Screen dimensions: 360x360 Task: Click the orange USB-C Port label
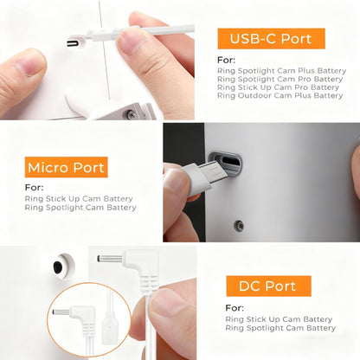pyautogui.click(x=271, y=39)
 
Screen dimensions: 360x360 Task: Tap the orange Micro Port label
pyautogui.click(x=67, y=167)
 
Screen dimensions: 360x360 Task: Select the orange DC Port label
pyautogui.click(x=268, y=286)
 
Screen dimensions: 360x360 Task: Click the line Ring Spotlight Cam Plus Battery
pyautogui.click(x=281, y=71)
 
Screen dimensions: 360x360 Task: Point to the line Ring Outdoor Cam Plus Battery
pyautogui.click(x=280, y=95)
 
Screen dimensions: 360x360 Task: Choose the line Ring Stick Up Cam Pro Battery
pyautogui.click(x=278, y=87)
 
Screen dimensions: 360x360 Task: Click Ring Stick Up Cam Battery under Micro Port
pyautogui.click(x=79, y=199)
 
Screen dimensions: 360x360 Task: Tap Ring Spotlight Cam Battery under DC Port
pyautogui.click(x=280, y=328)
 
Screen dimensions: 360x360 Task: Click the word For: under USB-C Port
pyautogui.click(x=226, y=60)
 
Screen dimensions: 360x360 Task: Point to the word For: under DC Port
pyautogui.click(x=235, y=308)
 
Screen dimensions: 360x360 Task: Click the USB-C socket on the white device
pyautogui.click(x=73, y=43)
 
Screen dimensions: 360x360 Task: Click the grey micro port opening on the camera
pyautogui.click(x=225, y=163)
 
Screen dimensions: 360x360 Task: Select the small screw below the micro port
pyautogui.click(x=239, y=225)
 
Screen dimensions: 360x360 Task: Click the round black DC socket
pyautogui.click(x=58, y=267)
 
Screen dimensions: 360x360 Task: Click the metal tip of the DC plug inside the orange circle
pyautogui.click(x=61, y=312)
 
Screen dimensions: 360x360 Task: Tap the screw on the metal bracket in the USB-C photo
pyautogui.click(x=131, y=114)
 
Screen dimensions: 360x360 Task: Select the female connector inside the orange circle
pyautogui.click(x=110, y=327)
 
